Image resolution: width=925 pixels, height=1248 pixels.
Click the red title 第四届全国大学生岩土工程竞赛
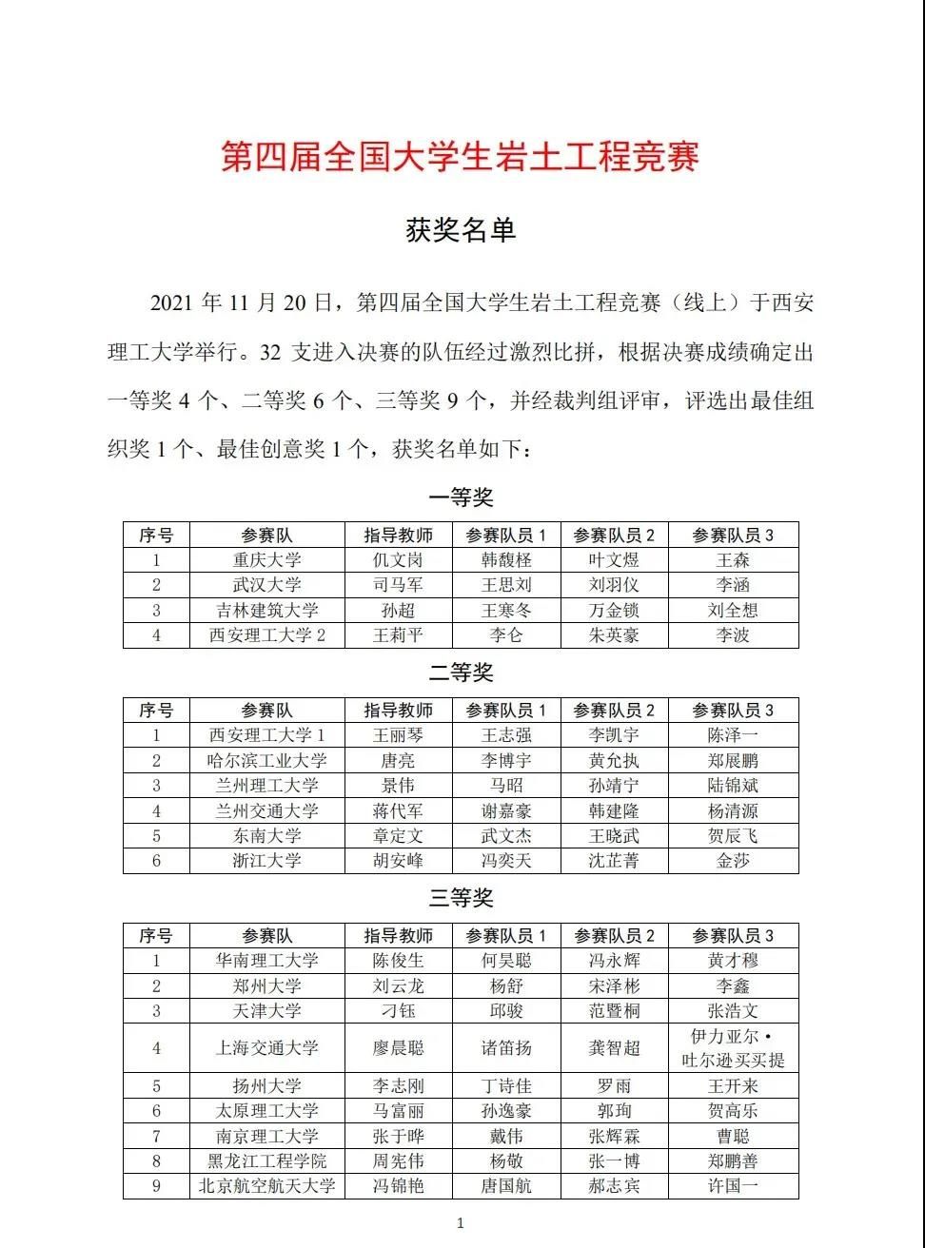point(461,156)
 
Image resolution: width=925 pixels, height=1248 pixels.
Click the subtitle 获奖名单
point(461,229)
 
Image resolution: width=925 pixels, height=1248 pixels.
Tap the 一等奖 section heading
point(461,497)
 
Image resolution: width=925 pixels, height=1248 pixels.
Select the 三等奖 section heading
point(461,897)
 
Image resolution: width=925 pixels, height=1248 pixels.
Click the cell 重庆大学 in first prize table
point(267,560)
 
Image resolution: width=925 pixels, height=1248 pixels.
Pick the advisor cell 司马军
point(398,585)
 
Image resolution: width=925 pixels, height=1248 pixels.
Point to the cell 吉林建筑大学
point(267,611)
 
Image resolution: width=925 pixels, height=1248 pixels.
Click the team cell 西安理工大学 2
point(267,635)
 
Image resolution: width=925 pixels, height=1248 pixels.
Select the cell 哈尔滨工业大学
point(267,761)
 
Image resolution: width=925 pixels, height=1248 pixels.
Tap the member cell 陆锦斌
point(733,786)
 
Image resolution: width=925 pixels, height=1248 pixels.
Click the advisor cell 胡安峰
point(398,861)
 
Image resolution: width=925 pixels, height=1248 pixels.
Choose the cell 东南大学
point(267,836)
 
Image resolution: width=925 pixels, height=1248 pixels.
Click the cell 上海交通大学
point(267,1048)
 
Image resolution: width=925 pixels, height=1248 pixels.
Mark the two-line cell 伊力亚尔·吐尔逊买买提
point(733,1048)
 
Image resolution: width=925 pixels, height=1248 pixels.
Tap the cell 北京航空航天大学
point(267,1186)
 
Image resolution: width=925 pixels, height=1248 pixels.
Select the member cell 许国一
point(733,1186)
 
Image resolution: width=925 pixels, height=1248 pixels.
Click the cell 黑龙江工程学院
point(267,1161)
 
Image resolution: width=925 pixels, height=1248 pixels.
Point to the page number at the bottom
point(461,1223)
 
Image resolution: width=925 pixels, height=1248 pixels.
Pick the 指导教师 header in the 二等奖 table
point(398,711)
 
